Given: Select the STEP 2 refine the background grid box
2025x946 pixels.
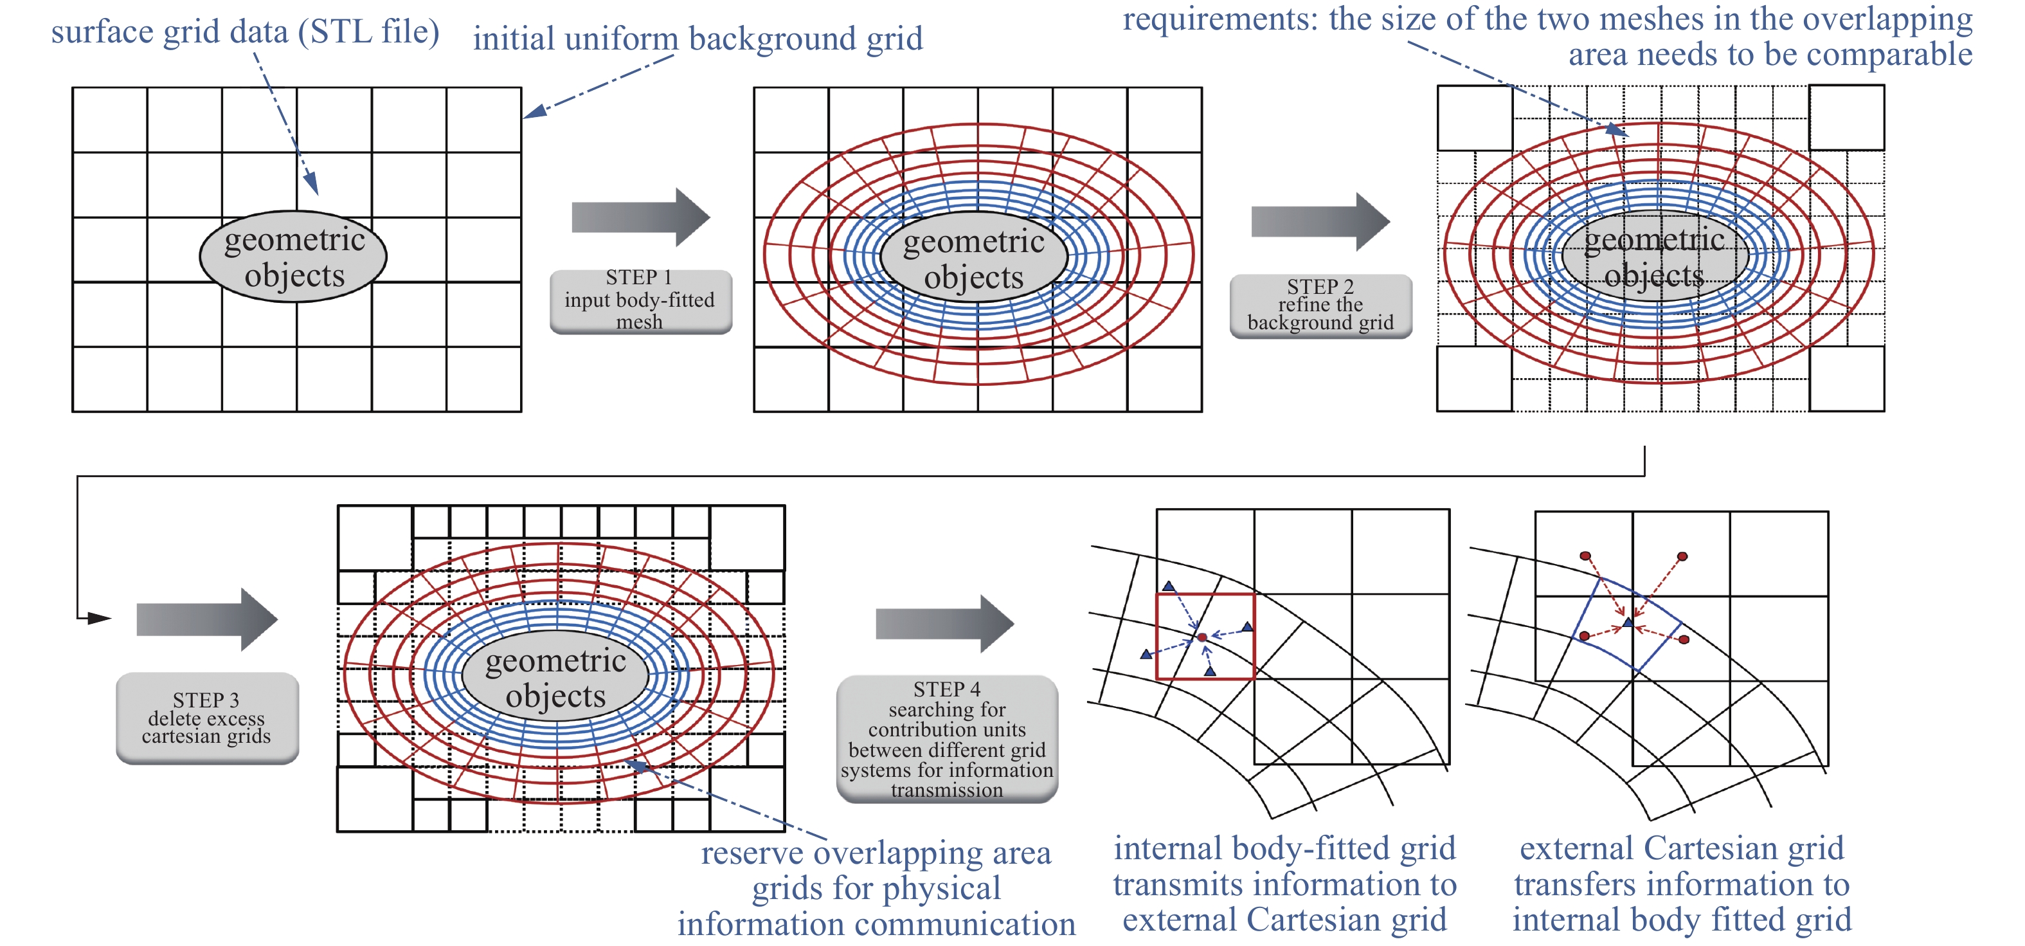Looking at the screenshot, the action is [x=1320, y=306].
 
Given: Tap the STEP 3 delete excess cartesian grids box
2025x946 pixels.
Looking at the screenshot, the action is [x=208, y=718].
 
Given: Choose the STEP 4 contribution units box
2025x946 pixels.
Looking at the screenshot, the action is [x=948, y=739].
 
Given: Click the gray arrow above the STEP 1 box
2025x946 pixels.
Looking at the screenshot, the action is [x=641, y=217].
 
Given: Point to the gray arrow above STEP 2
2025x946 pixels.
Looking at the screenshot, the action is [x=1320, y=222].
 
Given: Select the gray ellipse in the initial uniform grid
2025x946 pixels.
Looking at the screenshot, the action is [x=293, y=257].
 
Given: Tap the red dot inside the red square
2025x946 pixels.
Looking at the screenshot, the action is [x=1202, y=637].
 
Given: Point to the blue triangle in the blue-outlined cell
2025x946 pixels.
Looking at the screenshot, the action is [x=1628, y=622].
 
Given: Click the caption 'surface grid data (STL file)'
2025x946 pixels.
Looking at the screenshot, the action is [x=246, y=32].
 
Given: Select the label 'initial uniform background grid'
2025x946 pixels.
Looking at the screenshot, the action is [x=698, y=38].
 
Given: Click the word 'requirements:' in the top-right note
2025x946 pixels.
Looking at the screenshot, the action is [x=1221, y=19].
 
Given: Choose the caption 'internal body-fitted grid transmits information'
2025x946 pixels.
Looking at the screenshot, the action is [x=1285, y=866].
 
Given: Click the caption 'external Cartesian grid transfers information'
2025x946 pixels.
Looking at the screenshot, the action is [x=1682, y=866].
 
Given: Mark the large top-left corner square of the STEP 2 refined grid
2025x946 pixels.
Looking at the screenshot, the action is [x=1475, y=118].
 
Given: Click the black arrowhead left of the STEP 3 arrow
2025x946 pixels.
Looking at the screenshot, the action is [x=99, y=618].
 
